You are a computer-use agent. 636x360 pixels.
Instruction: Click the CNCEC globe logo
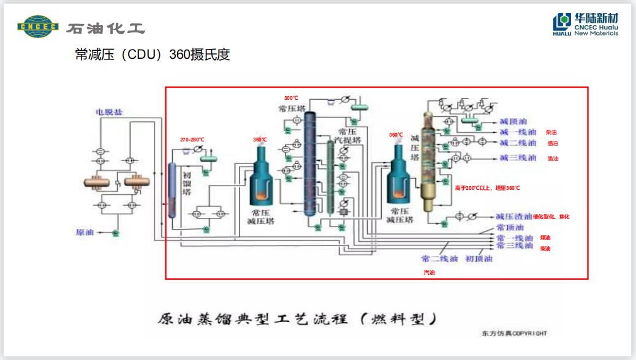(x=37, y=26)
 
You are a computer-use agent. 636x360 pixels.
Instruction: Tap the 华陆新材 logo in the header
(x=585, y=24)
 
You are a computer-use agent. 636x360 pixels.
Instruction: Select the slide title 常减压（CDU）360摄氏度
(x=152, y=54)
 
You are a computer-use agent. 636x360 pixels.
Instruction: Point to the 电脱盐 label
(x=107, y=112)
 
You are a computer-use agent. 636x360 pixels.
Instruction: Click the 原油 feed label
(x=85, y=232)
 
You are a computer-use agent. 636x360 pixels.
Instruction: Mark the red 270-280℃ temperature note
(x=192, y=140)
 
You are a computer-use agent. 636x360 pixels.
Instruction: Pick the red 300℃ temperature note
(x=291, y=98)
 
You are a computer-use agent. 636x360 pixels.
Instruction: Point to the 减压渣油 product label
(x=513, y=217)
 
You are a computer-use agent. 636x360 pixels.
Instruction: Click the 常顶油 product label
(x=510, y=228)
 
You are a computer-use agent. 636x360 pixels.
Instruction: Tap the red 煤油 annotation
(x=545, y=238)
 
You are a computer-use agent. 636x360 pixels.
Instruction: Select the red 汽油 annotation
(x=428, y=272)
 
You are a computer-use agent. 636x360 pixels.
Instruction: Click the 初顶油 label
(x=479, y=258)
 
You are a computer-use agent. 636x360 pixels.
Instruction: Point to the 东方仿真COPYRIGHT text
(x=513, y=334)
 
